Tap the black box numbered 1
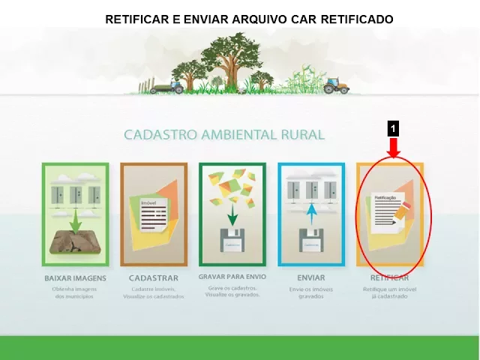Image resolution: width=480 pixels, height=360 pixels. [393, 129]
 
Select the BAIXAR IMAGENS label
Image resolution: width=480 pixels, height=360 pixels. [75, 278]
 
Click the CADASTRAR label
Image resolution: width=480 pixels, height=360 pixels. [153, 278]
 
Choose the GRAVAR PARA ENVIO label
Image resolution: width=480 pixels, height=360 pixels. [232, 277]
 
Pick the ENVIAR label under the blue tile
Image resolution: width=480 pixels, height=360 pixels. [305, 278]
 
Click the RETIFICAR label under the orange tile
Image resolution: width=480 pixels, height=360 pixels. [385, 278]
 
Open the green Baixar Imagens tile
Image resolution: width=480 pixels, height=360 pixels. [75, 214]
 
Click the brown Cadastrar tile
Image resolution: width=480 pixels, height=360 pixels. [154, 214]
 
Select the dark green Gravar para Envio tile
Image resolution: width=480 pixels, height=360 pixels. [232, 214]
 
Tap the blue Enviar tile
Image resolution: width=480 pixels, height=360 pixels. [311, 214]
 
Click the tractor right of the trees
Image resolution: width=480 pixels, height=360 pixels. [336, 87]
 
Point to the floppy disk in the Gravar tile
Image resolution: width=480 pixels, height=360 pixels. [232, 241]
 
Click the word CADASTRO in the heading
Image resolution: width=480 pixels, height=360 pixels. [157, 135]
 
